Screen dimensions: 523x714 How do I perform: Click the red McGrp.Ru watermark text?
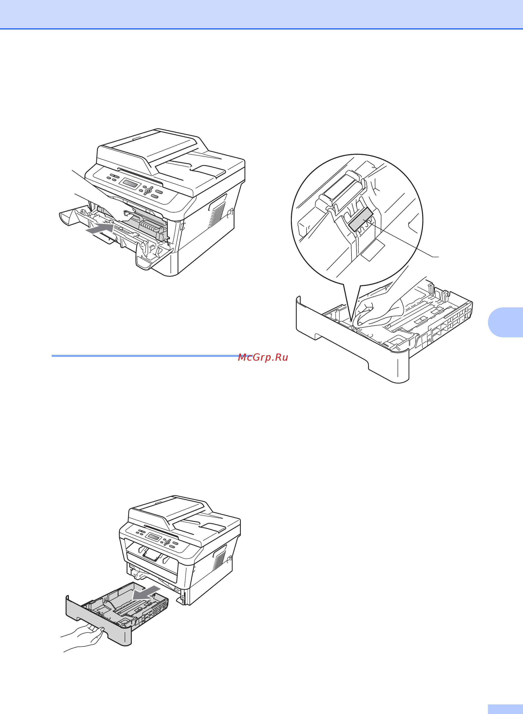(x=263, y=357)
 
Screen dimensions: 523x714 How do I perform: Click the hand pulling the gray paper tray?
(x=82, y=637)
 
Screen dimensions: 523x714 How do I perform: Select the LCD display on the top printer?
(x=129, y=183)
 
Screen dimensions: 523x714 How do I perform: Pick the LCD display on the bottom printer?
(x=154, y=537)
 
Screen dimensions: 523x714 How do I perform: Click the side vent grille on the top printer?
(x=217, y=211)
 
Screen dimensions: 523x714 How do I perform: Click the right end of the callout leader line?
(x=438, y=256)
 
